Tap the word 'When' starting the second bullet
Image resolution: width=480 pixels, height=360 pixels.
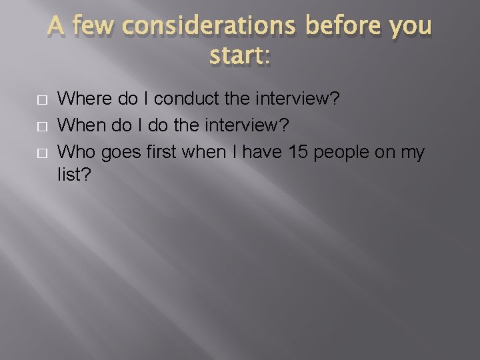[81, 126]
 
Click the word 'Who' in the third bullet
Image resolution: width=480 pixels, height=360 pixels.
[75, 153]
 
